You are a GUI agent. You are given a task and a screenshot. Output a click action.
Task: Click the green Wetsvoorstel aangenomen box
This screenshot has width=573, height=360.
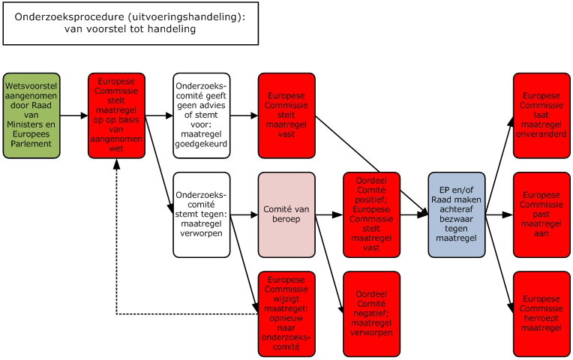click(x=31, y=115)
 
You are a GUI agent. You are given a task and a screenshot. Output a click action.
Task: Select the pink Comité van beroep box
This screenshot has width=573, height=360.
click(x=286, y=214)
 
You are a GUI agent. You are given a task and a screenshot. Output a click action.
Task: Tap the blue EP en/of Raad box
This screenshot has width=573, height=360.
click(x=456, y=214)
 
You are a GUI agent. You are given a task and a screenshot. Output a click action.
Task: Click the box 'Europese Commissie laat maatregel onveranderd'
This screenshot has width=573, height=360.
click(x=541, y=115)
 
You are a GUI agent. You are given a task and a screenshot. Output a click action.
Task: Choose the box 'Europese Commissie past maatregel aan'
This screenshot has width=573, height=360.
click(x=541, y=214)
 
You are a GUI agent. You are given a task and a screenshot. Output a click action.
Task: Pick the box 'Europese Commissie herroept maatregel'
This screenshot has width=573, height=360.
click(x=541, y=313)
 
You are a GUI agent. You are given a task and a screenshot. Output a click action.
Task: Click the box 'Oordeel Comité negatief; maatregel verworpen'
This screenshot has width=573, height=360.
click(x=371, y=313)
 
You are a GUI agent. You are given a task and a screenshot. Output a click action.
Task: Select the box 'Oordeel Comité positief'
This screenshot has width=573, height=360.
click(x=371, y=214)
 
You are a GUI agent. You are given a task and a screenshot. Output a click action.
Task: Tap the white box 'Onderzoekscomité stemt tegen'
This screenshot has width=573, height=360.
click(x=201, y=214)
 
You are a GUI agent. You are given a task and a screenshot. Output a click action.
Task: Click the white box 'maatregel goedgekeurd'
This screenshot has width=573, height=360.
click(x=201, y=115)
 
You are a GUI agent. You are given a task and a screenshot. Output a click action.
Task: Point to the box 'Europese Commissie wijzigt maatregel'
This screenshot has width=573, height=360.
click(x=286, y=313)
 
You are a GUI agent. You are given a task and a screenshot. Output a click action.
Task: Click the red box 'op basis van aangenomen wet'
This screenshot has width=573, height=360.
click(x=116, y=115)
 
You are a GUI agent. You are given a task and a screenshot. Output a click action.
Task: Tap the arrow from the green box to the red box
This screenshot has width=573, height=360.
click(x=73, y=116)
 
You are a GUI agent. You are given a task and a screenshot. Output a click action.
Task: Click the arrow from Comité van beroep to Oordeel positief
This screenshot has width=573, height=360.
click(x=328, y=215)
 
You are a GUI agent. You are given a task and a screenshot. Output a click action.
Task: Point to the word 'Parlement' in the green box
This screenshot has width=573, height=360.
click(x=31, y=142)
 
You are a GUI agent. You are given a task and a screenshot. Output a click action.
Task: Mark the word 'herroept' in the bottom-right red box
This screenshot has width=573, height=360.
click(x=541, y=318)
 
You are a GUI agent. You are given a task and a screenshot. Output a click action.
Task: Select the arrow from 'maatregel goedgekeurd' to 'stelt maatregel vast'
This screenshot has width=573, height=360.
click(x=243, y=116)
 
